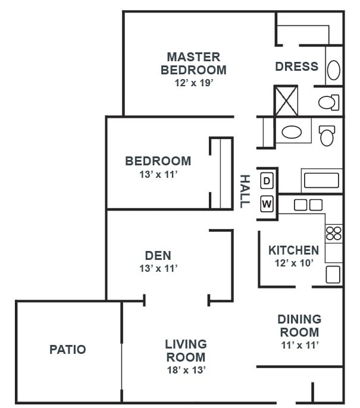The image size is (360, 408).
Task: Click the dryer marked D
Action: (x=267, y=181)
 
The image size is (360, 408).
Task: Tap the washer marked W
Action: (x=267, y=203)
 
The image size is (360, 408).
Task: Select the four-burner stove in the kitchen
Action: (x=334, y=233)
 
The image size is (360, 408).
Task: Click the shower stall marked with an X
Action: (x=286, y=101)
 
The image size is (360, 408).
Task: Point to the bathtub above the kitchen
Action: (x=321, y=181)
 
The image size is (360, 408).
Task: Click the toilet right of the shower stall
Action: (x=329, y=102)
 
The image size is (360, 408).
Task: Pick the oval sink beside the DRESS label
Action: (x=333, y=70)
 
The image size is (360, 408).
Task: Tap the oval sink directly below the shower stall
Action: (x=292, y=132)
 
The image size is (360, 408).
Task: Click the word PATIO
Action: (x=68, y=350)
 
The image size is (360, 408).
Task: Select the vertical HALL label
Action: (x=245, y=192)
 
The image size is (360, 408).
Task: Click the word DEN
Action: (x=158, y=256)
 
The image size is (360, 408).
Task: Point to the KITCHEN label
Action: (x=293, y=250)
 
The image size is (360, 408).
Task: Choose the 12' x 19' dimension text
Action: (x=194, y=83)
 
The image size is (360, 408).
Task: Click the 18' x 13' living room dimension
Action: (x=186, y=370)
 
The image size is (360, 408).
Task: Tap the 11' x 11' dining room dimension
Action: (x=300, y=345)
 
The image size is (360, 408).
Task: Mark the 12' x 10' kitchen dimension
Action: (x=294, y=263)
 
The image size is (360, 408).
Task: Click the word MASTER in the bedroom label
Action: (x=193, y=57)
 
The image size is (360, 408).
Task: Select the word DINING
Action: (x=299, y=319)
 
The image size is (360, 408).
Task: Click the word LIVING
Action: (x=186, y=344)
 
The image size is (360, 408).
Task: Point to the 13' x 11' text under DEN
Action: (x=158, y=268)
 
